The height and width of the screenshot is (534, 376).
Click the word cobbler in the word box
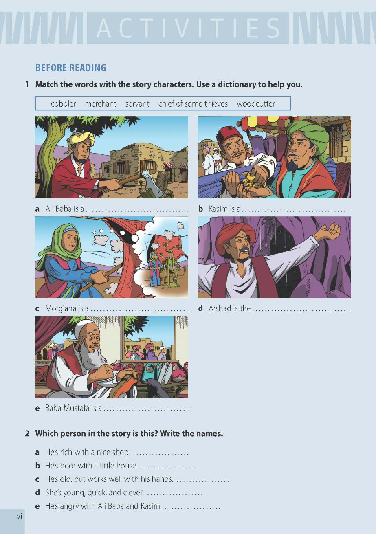tap(63, 104)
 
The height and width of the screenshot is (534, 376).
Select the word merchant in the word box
tap(100, 104)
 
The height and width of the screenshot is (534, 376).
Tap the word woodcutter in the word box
tap(256, 104)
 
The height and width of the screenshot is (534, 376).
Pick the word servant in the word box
tap(137, 104)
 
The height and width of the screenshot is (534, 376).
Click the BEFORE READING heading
tap(71, 68)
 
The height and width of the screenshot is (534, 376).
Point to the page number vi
tap(20, 516)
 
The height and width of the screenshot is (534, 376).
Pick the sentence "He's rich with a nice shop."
tap(88, 452)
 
